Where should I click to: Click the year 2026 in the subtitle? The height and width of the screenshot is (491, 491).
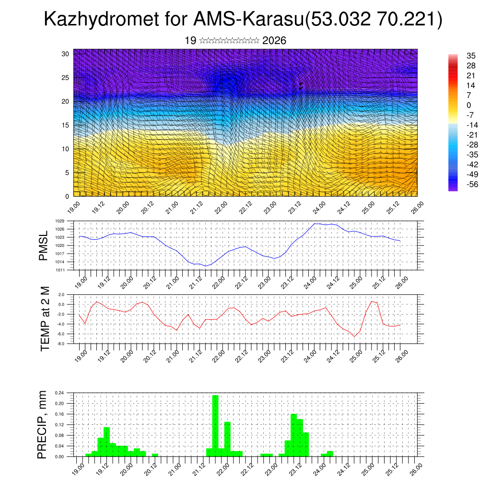[274, 41]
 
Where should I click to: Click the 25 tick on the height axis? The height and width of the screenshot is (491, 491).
[65, 78]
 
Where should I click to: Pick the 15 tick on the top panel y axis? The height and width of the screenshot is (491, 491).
[65, 125]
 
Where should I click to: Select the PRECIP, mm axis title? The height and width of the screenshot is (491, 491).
[44, 424]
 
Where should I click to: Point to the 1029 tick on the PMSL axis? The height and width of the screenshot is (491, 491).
[59, 221]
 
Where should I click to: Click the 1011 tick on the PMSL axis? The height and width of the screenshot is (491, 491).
[59, 270]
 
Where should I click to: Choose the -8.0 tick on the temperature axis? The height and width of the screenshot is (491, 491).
[61, 344]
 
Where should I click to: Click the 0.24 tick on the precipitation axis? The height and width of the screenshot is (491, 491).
[59, 393]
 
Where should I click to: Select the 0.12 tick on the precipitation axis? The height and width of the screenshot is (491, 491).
[59, 425]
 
